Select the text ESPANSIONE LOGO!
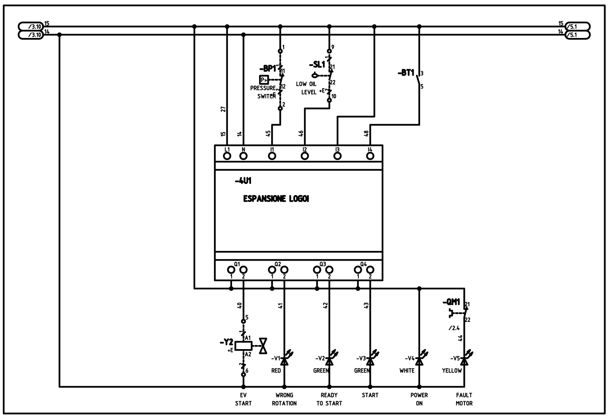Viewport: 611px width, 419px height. (x=276, y=199)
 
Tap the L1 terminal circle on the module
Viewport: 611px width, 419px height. (x=227, y=156)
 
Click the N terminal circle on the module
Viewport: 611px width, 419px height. (x=243, y=156)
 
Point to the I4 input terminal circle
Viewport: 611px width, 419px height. (x=370, y=156)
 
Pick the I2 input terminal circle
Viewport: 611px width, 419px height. (x=305, y=156)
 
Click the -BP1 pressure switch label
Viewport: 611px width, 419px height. (x=268, y=69)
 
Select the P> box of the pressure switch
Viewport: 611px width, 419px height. (x=264, y=80)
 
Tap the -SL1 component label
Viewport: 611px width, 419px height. (x=317, y=65)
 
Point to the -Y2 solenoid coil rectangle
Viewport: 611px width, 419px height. (x=243, y=345)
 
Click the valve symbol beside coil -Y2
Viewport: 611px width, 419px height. (x=264, y=345)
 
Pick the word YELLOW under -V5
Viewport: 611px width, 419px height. (x=452, y=371)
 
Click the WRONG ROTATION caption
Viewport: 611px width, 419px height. (x=284, y=399)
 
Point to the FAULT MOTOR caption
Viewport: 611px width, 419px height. (x=464, y=399)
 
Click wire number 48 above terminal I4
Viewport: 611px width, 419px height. (x=366, y=133)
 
